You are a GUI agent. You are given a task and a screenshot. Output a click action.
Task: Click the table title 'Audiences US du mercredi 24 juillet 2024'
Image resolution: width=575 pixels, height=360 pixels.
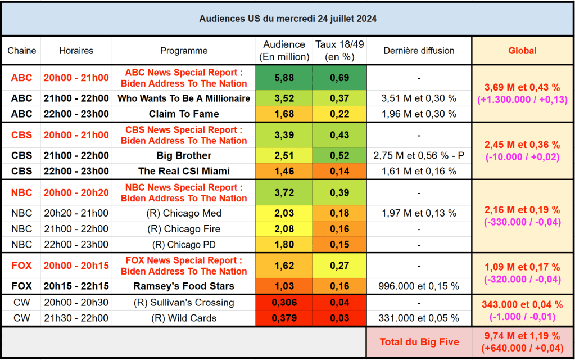click(288, 19)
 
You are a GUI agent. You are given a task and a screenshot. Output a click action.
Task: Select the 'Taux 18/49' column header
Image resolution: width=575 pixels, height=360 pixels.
click(339, 51)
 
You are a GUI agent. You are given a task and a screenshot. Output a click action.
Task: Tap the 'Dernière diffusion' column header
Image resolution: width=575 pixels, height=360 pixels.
click(419, 51)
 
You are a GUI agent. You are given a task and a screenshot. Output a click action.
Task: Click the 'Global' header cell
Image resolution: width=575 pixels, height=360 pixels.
click(522, 51)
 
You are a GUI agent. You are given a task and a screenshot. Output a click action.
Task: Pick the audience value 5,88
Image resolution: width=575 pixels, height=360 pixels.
click(284, 78)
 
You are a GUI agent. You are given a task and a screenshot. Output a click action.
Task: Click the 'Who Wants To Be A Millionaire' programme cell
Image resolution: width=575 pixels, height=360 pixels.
click(184, 98)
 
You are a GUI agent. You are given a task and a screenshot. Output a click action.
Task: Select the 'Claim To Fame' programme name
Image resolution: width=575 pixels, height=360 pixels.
click(184, 114)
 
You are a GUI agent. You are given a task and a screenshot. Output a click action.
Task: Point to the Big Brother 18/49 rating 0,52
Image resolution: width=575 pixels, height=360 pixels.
click(339, 155)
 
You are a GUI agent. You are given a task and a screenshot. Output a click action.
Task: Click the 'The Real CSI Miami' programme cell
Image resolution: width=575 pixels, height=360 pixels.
click(184, 171)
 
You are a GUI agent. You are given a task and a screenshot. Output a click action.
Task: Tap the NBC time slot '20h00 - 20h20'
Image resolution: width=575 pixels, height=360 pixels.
click(76, 192)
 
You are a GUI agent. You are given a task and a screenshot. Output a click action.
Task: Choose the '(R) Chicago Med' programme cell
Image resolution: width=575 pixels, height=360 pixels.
click(184, 213)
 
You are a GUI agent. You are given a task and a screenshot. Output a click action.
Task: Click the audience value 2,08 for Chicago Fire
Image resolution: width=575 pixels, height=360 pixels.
click(284, 229)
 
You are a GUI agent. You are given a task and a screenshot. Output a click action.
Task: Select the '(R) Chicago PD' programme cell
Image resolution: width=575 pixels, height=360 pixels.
click(184, 245)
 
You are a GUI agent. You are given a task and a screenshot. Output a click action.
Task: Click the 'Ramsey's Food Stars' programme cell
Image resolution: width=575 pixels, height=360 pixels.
click(184, 286)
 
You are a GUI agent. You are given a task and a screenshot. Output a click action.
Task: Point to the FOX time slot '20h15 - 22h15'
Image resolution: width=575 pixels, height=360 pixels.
click(76, 286)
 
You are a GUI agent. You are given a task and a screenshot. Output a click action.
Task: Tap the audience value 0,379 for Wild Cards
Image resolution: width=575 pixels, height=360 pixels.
click(284, 318)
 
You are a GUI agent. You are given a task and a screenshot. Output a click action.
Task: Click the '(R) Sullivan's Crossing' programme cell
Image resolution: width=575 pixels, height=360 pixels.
click(184, 303)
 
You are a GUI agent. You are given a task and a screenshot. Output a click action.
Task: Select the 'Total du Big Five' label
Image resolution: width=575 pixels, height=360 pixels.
click(419, 341)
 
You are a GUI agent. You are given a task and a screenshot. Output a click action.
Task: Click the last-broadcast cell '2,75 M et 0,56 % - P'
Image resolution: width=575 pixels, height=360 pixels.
click(419, 155)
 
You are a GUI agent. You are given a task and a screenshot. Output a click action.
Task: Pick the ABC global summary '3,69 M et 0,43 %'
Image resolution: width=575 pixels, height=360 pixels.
click(522, 88)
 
